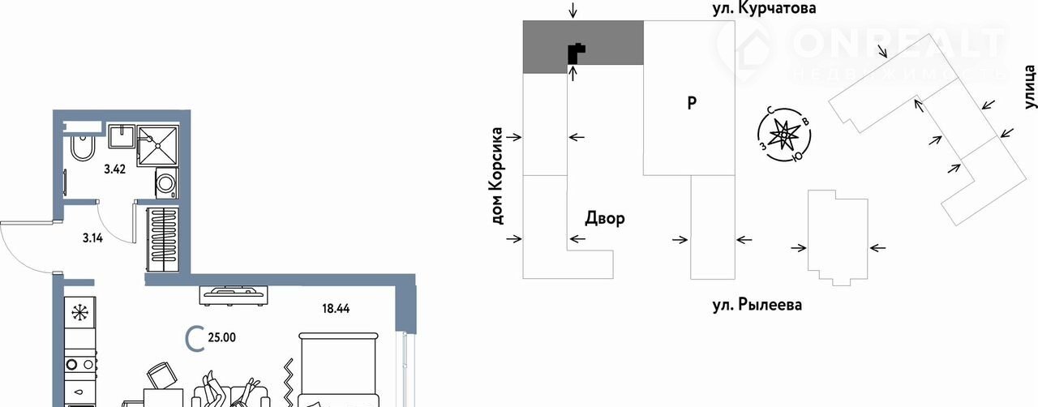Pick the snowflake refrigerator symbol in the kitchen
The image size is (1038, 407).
(x=80, y=313)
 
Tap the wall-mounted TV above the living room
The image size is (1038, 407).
(x=234, y=293)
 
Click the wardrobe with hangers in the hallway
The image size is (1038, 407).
(x=163, y=240)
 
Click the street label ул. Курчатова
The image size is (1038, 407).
(x=758, y=9)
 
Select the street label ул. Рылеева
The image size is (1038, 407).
(x=757, y=305)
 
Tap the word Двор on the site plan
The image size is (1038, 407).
(x=605, y=218)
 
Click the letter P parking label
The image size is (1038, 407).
(x=691, y=103)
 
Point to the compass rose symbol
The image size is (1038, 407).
(x=783, y=135)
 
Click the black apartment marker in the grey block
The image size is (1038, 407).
(x=575, y=53)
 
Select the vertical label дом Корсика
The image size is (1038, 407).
(x=497, y=175)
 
